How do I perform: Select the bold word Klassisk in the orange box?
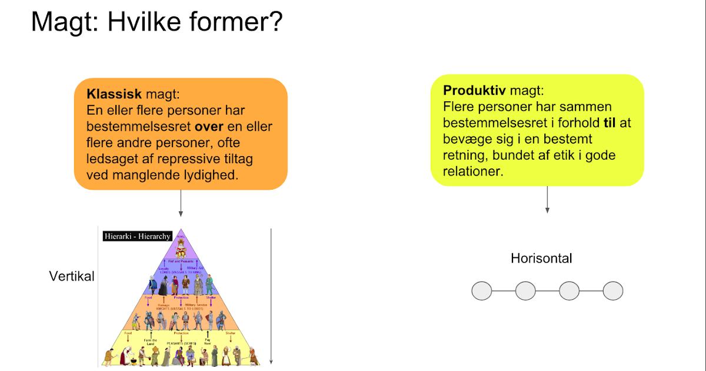click(x=114, y=94)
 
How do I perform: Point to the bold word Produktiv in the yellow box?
click(x=474, y=91)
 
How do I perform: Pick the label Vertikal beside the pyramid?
click(x=72, y=276)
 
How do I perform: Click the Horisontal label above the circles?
click(x=541, y=258)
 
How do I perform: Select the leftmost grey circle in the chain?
click(x=482, y=291)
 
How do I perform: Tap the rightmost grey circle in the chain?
click(x=613, y=291)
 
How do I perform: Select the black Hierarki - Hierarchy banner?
click(x=137, y=236)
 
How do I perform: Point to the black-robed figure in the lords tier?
click(x=163, y=287)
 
